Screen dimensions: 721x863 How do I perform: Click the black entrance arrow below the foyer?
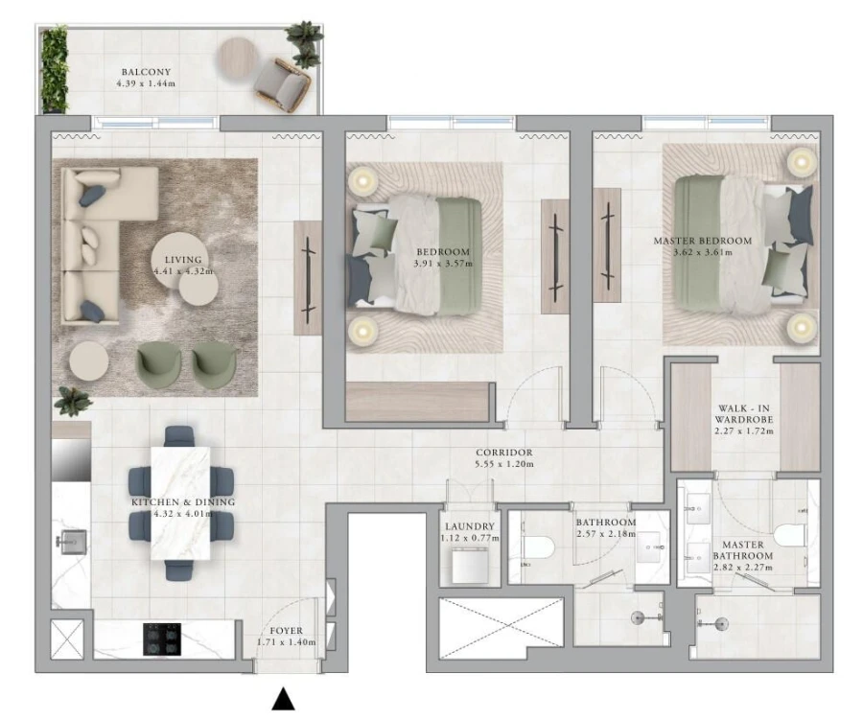click(283, 699)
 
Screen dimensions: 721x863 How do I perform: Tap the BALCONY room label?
click(146, 72)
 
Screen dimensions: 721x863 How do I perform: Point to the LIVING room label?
click(182, 260)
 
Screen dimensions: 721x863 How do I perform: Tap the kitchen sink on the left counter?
click(69, 544)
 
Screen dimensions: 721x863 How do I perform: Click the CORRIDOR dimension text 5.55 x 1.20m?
click(504, 465)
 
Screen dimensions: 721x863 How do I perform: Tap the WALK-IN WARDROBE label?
click(744, 418)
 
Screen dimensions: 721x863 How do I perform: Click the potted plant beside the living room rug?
click(72, 400)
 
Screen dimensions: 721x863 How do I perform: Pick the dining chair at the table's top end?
click(179, 437)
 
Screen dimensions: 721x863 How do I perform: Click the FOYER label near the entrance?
click(287, 631)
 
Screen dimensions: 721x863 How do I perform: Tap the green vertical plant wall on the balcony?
click(55, 70)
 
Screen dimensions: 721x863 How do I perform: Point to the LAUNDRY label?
click(470, 526)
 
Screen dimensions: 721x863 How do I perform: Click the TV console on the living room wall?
click(307, 278)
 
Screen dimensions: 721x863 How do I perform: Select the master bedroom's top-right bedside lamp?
click(801, 161)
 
